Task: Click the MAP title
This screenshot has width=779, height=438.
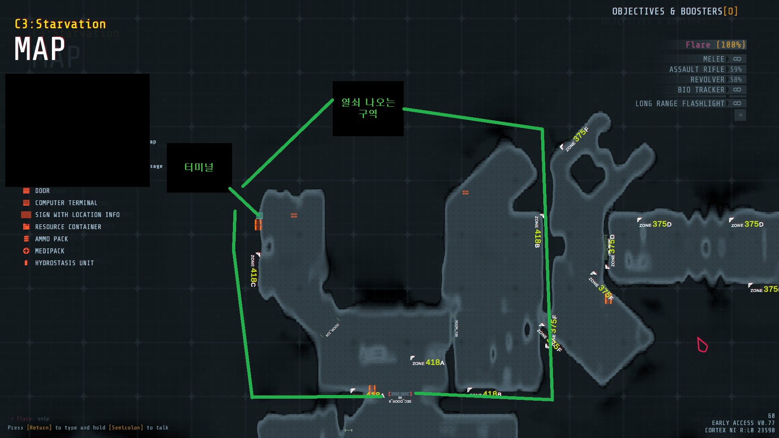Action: tap(40, 49)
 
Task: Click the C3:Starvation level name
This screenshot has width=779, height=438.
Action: tap(60, 24)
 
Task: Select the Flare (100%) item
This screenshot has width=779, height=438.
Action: tap(715, 45)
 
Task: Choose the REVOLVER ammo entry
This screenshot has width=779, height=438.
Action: tap(716, 79)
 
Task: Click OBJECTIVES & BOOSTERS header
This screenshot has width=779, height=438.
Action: tap(674, 11)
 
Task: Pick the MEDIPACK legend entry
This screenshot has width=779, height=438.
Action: tap(49, 251)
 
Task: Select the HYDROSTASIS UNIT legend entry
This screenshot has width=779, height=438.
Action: tap(64, 263)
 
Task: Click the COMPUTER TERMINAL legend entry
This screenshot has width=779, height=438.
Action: tap(66, 203)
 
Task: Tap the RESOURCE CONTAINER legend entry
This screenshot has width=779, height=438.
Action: tap(68, 227)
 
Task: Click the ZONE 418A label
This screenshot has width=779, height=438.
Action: tap(428, 363)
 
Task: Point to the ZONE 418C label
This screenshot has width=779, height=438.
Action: tap(253, 271)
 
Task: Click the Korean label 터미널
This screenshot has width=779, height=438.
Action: tap(199, 167)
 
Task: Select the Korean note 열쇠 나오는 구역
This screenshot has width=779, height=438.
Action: tap(368, 108)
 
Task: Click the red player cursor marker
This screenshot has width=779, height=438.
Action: tap(702, 345)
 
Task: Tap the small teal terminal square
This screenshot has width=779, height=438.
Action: tap(260, 216)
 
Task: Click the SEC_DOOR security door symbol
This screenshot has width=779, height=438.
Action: tap(400, 394)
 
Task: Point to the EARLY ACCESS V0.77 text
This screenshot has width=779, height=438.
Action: tap(743, 423)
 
